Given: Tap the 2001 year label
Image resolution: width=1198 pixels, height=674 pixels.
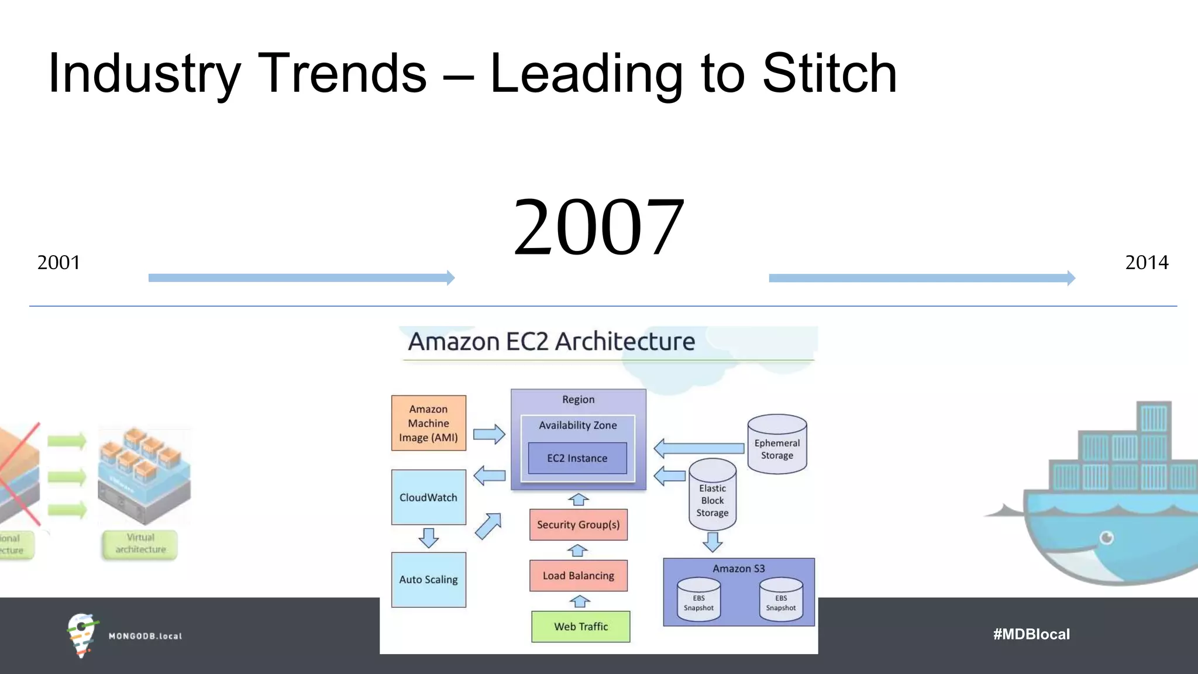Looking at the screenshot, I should [x=58, y=263].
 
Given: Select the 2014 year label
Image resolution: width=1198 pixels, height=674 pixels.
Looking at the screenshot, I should [x=1147, y=263].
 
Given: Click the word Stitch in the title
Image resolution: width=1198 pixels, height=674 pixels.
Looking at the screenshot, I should [x=829, y=74].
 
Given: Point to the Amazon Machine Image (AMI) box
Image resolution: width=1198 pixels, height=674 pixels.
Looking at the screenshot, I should [x=429, y=423].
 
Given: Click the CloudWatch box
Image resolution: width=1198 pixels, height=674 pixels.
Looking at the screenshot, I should [x=429, y=497].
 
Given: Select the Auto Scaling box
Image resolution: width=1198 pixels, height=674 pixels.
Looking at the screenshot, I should [x=429, y=579].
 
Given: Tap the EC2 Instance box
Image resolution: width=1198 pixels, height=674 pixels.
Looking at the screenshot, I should [x=577, y=458].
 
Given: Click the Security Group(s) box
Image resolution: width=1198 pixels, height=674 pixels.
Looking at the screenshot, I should [x=579, y=525].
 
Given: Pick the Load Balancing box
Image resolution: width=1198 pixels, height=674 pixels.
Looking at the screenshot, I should [x=579, y=576].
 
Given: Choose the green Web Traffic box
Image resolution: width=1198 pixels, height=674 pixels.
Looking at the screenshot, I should [x=581, y=627].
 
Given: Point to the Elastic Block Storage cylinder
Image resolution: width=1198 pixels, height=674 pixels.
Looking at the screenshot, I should [x=712, y=497].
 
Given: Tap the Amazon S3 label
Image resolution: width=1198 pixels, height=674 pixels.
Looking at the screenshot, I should [x=738, y=569].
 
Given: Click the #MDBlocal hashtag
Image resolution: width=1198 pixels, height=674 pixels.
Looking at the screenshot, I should [x=1031, y=634].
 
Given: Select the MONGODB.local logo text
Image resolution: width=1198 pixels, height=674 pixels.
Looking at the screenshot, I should [x=145, y=636].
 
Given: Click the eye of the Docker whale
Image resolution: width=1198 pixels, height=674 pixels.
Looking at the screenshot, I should [x=1106, y=538].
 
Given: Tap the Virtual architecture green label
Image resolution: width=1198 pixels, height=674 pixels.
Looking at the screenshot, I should [x=140, y=544].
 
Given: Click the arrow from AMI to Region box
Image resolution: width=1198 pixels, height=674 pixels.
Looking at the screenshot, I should [x=489, y=434].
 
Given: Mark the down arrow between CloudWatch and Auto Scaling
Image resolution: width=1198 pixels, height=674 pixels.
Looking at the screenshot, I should [x=429, y=537].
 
